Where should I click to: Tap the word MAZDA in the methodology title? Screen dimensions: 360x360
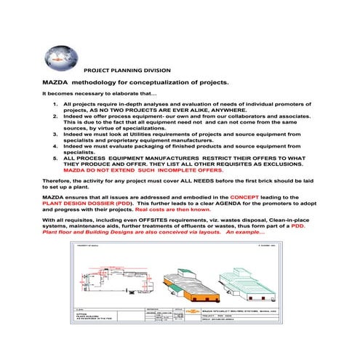(x=58, y=84)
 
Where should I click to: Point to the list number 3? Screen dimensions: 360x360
(x=56, y=135)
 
